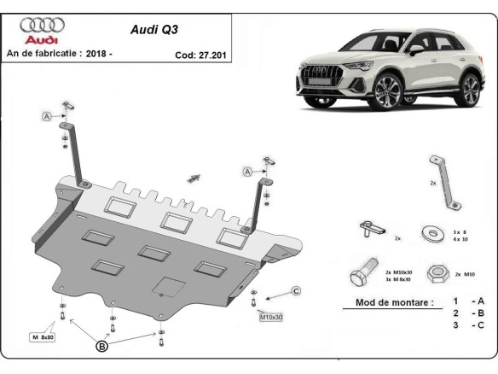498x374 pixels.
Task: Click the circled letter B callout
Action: click(101, 346)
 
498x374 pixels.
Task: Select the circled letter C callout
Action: click(296, 292)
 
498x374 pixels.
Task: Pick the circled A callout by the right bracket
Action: click(247, 172)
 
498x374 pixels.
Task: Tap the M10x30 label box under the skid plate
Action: click(272, 318)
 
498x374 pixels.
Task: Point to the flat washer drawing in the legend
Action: click(430, 232)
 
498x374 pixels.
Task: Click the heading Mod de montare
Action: click(388, 302)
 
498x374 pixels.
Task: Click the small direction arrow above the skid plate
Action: click(194, 178)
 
